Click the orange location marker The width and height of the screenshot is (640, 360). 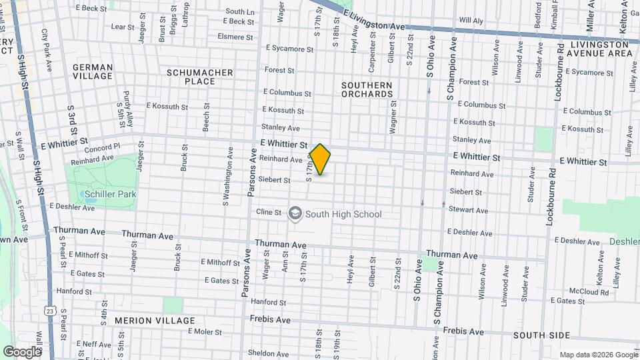(x=321, y=159)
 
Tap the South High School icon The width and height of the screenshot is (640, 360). (x=295, y=214)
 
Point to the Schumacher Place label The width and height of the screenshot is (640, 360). (x=200, y=77)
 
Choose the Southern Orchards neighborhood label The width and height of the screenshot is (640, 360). (x=367, y=89)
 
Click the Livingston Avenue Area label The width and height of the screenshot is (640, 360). (x=601, y=49)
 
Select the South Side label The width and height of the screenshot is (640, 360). (x=541, y=335)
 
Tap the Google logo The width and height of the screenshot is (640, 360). (x=22, y=351)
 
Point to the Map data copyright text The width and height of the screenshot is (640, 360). (x=597, y=355)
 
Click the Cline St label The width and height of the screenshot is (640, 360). (x=269, y=212)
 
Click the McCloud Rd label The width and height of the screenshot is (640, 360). (x=589, y=292)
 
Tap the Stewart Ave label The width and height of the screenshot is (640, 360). (x=469, y=209)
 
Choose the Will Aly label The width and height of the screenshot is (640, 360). (x=471, y=21)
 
